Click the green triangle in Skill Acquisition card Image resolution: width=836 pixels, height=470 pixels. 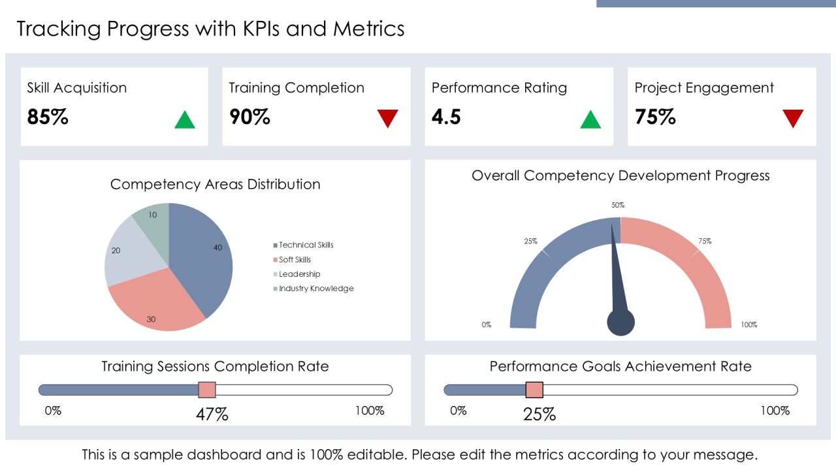185,121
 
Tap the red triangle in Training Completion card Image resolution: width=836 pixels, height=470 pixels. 387,118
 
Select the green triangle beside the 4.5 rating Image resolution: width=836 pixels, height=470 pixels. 590,121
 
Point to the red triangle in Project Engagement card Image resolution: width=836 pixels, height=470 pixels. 793,118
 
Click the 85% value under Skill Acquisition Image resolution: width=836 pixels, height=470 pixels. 48,116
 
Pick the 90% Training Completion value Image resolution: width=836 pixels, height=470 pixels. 249,116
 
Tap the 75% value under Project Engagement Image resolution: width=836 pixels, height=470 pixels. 655,116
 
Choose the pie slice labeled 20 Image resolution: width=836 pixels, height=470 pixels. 131,254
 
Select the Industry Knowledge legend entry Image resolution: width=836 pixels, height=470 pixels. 313,289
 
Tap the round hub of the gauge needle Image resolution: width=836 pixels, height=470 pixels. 620,322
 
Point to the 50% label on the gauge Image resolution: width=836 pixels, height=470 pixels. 618,205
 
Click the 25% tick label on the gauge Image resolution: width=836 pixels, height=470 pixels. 531,242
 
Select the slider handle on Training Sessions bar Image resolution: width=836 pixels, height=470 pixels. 207,390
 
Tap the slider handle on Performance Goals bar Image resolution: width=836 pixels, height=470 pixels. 534,390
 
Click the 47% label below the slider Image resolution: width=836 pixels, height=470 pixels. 212,415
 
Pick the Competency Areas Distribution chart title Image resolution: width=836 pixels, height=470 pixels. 216,184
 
